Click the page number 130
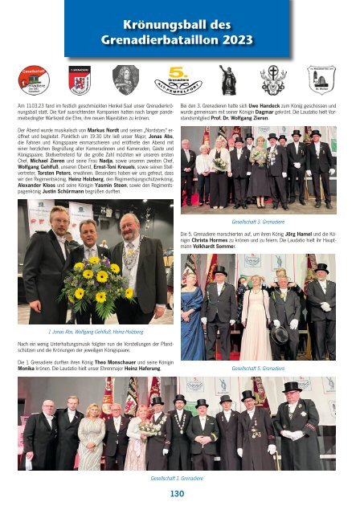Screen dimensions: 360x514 [x=180, y=495]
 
